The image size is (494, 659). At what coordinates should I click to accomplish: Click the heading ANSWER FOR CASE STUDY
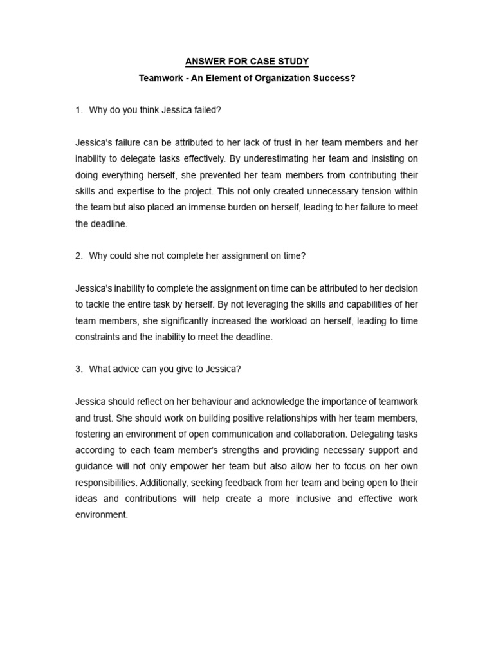click(247, 62)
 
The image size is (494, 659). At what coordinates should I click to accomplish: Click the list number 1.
click(78, 110)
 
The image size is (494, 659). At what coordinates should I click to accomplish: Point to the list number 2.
click(78, 255)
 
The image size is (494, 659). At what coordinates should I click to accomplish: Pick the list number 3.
click(78, 369)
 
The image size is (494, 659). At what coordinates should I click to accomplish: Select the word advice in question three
click(131, 369)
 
